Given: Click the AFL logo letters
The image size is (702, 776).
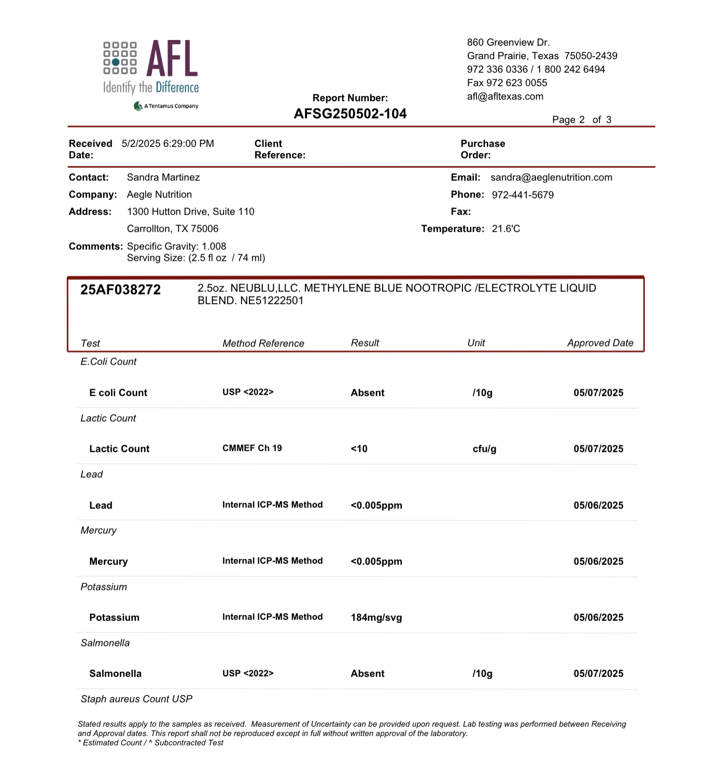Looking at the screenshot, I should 172,59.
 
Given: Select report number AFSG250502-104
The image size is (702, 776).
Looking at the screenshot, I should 350,114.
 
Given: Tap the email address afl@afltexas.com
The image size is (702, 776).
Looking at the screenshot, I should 505,96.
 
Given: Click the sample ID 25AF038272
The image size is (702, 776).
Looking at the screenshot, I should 120,289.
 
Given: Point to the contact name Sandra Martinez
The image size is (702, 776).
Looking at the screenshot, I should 163,177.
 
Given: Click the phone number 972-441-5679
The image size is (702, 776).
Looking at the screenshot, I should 523,195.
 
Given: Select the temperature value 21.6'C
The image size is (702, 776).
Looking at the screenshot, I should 506,229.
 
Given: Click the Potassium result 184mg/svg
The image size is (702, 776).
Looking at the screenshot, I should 376,617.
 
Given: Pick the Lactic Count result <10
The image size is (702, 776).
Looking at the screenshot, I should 359,449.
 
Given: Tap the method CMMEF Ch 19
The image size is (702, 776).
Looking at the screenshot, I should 252,448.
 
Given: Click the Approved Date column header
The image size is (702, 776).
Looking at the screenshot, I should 600,343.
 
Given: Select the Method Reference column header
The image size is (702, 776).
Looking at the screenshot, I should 263,343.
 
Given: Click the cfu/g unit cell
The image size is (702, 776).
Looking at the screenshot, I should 484,449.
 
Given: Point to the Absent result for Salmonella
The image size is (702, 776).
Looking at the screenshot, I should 368,673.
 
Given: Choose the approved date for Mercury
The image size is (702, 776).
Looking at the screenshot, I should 598,561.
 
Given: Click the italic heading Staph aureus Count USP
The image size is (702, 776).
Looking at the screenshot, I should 136,699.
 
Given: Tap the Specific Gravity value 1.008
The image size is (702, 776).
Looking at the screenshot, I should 214,246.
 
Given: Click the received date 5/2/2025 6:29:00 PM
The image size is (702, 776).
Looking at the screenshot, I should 167,144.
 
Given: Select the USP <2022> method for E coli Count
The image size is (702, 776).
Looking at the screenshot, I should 248,392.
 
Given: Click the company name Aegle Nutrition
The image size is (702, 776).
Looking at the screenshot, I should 159,195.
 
